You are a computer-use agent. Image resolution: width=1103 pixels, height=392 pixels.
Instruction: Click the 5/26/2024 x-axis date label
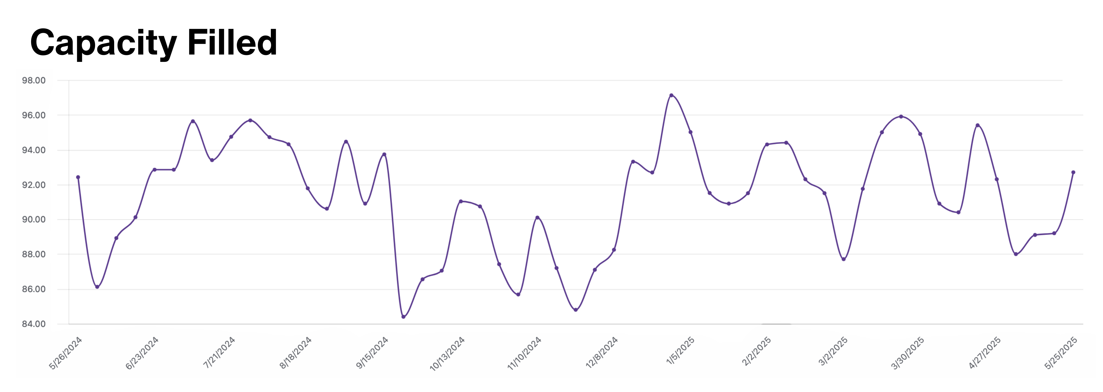66,353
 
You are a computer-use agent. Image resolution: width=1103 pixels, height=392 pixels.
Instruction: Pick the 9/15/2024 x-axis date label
372,353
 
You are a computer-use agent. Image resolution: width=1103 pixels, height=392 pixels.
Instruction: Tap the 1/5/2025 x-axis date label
680,351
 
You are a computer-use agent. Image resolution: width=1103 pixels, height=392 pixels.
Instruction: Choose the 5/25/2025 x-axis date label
1061,353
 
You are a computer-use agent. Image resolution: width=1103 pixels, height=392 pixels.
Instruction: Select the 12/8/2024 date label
602,353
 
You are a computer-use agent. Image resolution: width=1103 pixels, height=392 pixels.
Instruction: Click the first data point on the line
78,177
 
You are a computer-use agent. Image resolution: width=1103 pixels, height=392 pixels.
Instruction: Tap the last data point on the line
1073,172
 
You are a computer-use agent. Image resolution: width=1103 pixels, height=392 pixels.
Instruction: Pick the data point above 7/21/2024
231,137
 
